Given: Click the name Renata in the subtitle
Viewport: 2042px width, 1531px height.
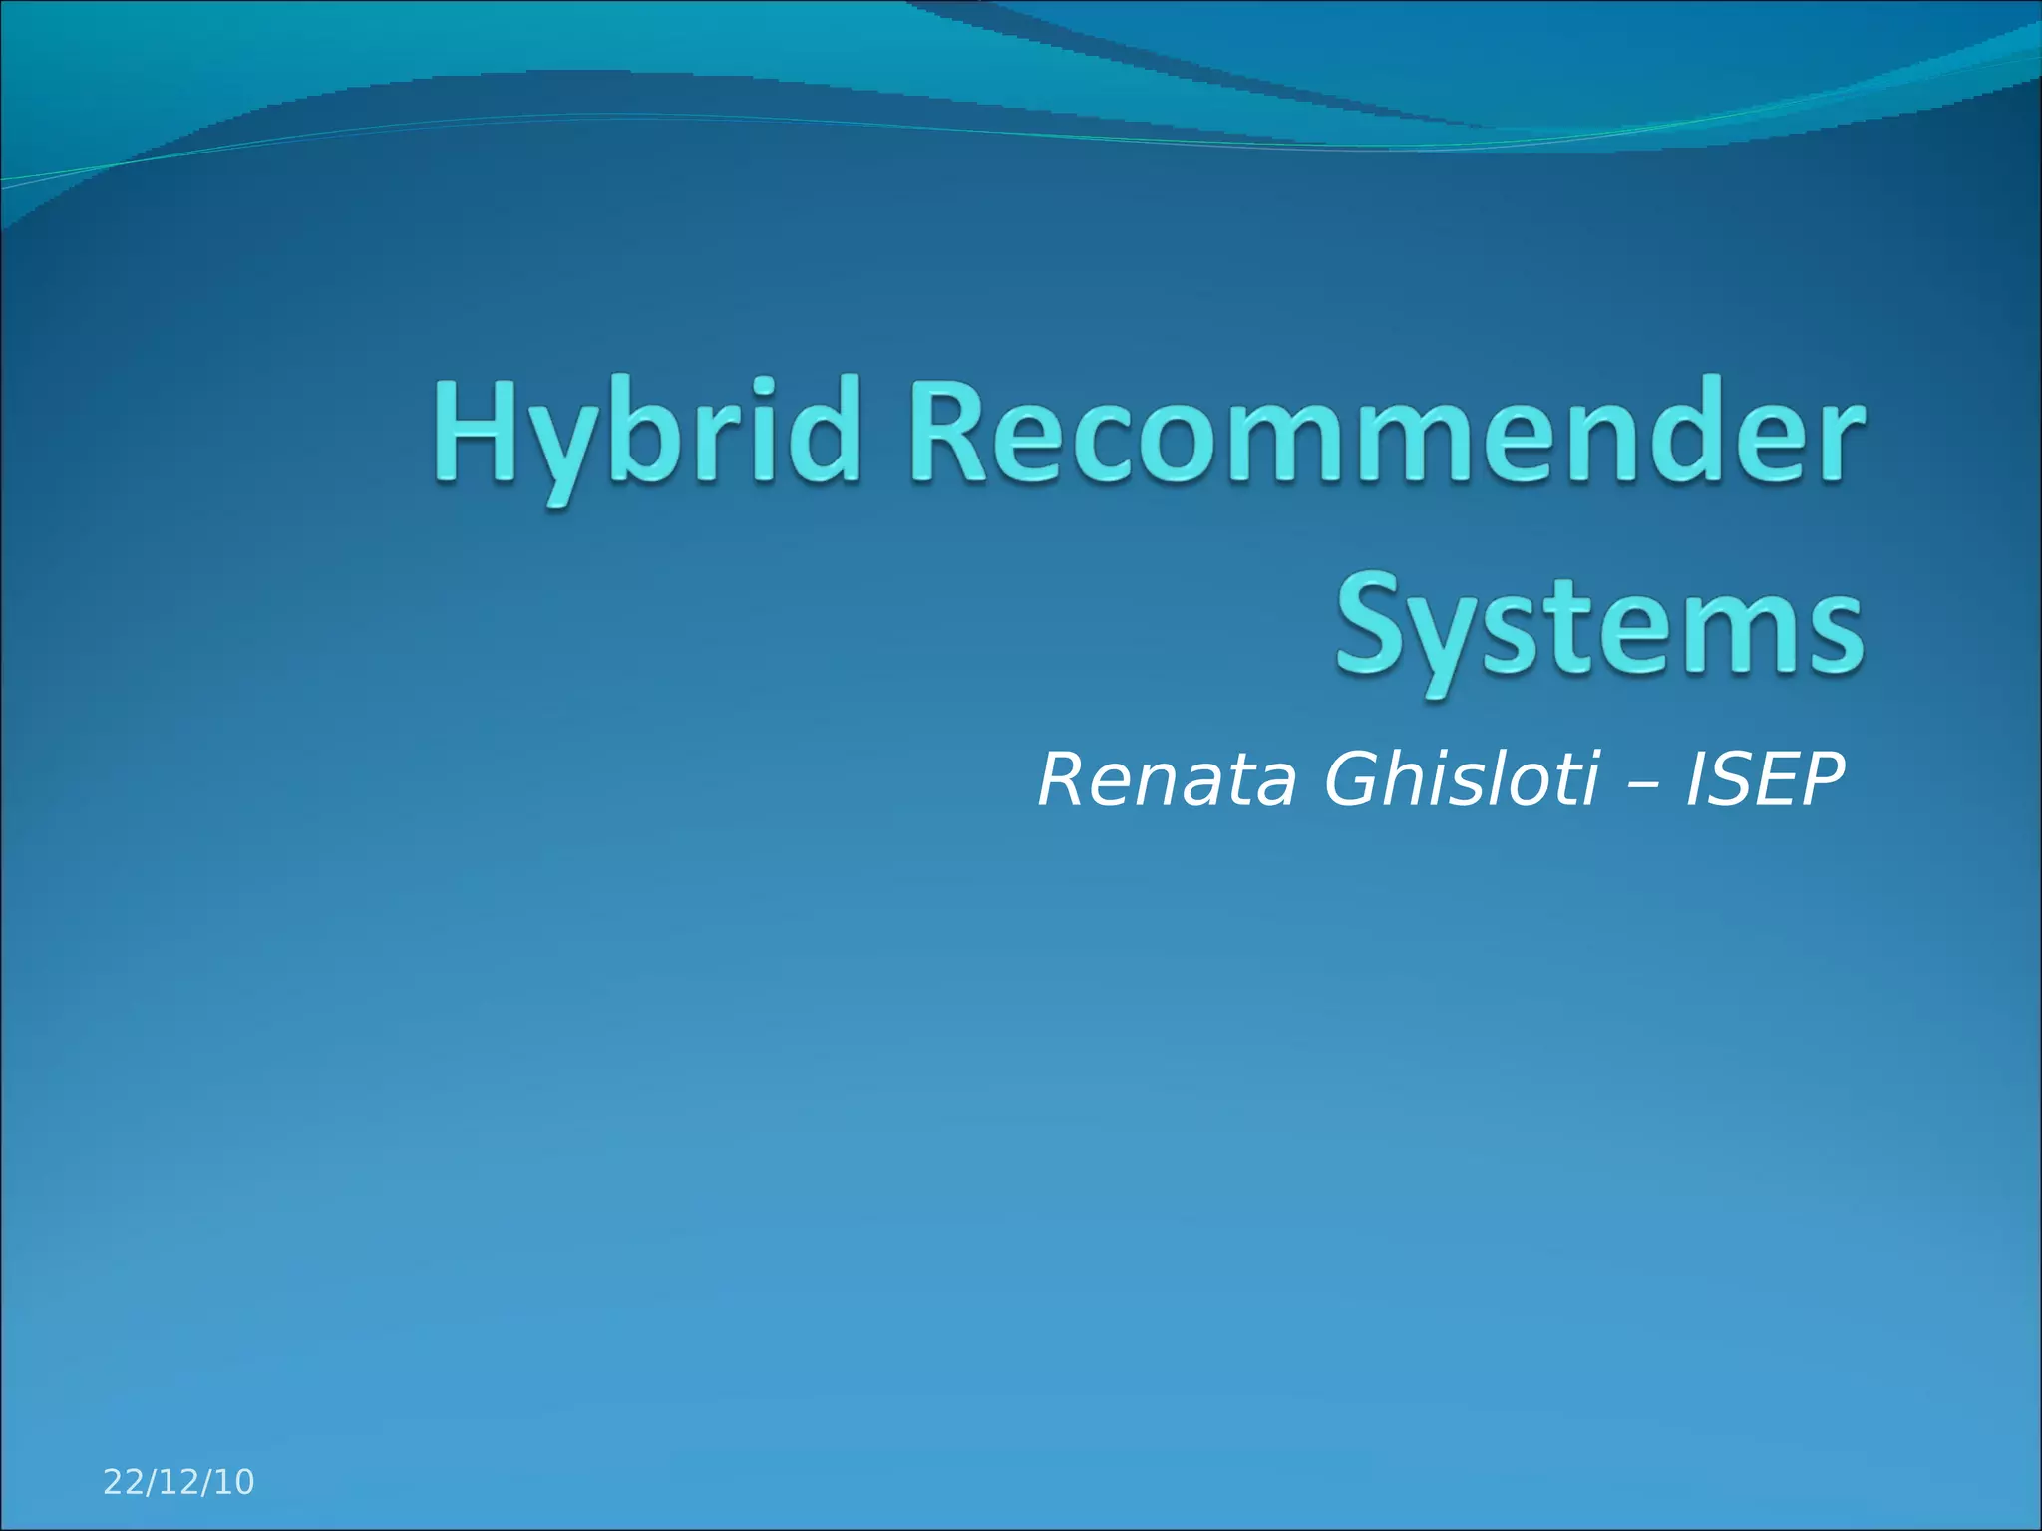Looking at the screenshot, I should [1168, 779].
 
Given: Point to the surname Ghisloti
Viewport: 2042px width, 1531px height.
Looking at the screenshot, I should [1462, 779].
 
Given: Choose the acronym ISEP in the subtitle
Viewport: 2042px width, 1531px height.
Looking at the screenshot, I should [1764, 779].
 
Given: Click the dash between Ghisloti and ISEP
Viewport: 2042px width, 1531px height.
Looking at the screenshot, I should [1642, 782].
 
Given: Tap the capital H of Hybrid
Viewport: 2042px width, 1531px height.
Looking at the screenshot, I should [474, 434].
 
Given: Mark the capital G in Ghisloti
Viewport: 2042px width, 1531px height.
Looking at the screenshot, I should [1350, 779].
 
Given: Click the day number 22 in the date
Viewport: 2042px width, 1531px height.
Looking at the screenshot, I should [125, 1482].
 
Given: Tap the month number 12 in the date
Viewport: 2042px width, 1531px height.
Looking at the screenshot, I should [179, 1482].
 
